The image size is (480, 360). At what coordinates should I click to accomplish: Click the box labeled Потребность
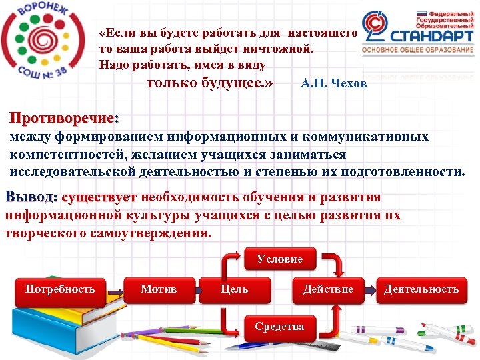pos(60,289)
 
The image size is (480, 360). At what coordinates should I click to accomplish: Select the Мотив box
pos(159,289)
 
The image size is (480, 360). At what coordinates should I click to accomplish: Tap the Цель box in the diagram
pos(235,289)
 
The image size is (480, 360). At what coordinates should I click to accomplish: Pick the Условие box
pos(279,259)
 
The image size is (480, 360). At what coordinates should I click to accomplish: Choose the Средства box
pos(279,327)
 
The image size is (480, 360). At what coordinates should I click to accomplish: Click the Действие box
pos(328,289)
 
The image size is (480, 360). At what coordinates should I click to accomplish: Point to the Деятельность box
pos(421,289)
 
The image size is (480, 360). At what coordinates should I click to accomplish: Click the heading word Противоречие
pos(64,119)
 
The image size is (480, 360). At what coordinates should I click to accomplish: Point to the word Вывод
pos(30,197)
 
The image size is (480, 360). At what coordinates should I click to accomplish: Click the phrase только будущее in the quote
pos(209,83)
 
